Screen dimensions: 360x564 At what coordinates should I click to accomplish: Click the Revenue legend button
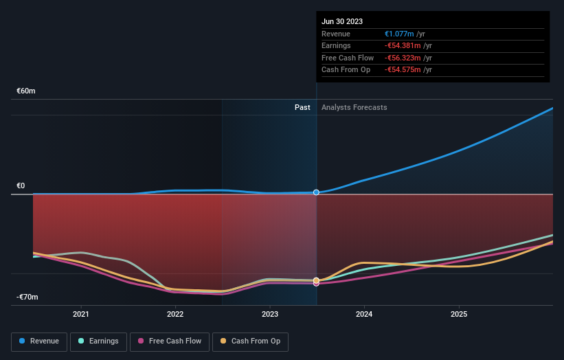[x=38, y=341]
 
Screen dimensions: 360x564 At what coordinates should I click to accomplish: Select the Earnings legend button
[x=98, y=341]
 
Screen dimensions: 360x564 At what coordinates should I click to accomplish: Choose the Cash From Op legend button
[x=251, y=341]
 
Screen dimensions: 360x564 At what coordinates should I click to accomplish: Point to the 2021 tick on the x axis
[x=81, y=314]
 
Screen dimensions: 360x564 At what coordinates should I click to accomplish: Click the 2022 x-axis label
[x=175, y=314]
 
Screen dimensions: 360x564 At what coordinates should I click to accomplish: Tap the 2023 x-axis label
[x=270, y=314]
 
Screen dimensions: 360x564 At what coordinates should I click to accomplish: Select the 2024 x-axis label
[x=364, y=314]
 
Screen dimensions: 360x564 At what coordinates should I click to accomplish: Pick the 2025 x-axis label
[x=459, y=314]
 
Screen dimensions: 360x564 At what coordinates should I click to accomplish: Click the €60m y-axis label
[x=26, y=91]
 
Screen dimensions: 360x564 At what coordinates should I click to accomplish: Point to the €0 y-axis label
[x=21, y=186]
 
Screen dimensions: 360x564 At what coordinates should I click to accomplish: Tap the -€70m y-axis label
[x=27, y=297]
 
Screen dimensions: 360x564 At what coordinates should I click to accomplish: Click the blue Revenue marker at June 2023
[x=317, y=192]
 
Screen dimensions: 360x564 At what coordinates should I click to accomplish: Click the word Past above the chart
[x=302, y=107]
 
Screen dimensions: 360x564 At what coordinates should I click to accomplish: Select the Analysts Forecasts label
[x=354, y=107]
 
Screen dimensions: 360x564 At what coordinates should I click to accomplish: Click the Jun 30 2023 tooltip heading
[x=341, y=21]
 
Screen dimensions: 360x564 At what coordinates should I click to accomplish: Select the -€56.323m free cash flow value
[x=405, y=58]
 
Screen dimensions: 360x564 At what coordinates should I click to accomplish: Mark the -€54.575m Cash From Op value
[x=405, y=69]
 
